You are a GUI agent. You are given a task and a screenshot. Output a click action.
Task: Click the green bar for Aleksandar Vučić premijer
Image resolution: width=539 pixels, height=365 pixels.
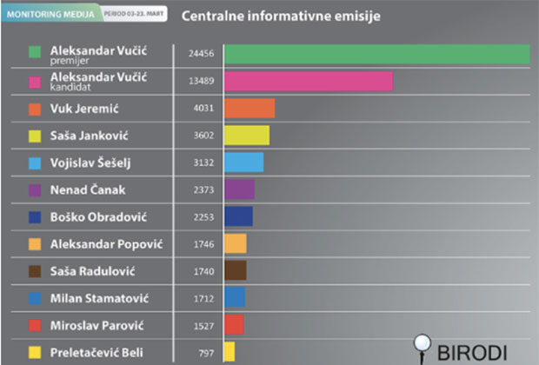click(376, 53)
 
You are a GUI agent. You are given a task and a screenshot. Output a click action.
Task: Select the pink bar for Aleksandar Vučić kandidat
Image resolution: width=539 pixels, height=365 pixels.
click(308, 81)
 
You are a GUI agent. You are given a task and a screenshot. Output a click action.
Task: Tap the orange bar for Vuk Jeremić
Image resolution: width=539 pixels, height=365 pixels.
click(250, 109)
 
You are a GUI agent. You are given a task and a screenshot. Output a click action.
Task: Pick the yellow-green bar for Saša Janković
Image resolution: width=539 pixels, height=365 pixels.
click(247, 136)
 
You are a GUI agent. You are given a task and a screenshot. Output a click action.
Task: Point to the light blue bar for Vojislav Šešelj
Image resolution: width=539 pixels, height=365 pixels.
click(243, 163)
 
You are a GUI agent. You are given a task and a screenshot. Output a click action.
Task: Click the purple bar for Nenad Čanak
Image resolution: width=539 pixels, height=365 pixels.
click(239, 189)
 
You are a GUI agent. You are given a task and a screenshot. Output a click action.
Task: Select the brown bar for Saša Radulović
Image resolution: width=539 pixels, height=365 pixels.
click(236, 270)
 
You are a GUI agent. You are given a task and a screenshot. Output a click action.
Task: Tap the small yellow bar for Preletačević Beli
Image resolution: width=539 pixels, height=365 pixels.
click(230, 351)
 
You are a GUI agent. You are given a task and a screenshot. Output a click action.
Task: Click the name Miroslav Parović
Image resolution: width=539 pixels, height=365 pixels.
click(96, 325)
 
